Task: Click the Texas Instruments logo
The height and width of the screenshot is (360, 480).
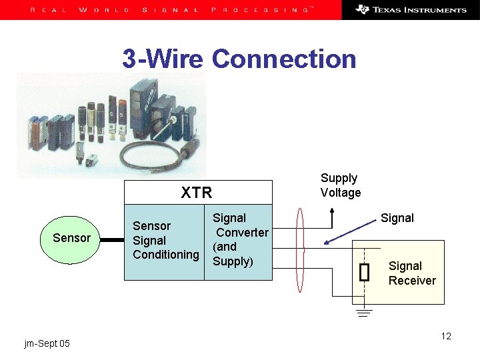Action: tap(411, 10)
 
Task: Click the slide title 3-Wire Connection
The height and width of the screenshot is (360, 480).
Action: tap(239, 59)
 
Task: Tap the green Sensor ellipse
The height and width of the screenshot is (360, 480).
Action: tap(71, 238)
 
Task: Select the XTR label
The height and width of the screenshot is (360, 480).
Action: tap(197, 193)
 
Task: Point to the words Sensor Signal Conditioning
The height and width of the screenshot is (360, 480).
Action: tap(165, 240)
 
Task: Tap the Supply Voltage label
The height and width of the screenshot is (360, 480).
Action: tap(340, 185)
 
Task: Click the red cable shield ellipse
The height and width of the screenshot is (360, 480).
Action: tap(301, 250)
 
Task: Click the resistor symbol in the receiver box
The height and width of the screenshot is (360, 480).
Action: tap(363, 272)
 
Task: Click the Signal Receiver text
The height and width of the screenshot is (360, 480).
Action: tap(411, 273)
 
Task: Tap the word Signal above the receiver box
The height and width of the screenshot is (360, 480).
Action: tap(397, 218)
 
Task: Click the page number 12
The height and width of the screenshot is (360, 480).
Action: tap(446, 336)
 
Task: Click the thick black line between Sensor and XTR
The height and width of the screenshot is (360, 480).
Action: tap(113, 238)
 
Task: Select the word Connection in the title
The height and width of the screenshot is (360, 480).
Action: tap(284, 59)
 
